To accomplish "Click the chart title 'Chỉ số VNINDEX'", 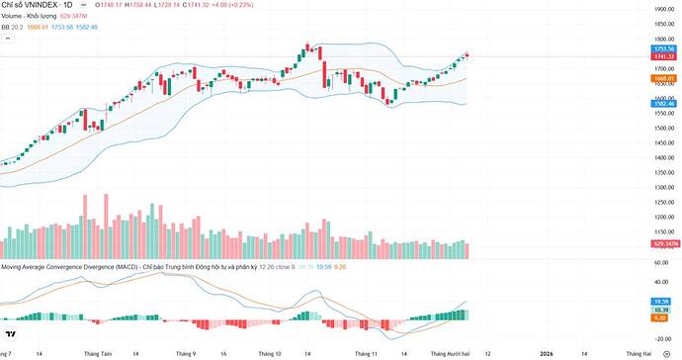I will coord(38,6).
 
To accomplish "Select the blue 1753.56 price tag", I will coord(663,48).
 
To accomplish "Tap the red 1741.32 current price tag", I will coord(663,56).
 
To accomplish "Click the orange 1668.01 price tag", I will coord(663,78).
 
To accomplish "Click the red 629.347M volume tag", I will coord(663,243).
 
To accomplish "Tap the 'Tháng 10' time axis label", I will coord(270,352).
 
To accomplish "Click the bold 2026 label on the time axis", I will coord(546,352).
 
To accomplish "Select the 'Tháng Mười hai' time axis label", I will coord(450,352).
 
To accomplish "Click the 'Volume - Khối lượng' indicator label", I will coord(29,17).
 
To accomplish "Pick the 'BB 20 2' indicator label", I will coord(13,28).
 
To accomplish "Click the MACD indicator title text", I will coord(128,267).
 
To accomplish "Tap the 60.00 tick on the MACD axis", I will coord(661,263).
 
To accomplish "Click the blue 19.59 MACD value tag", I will coord(663,301).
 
